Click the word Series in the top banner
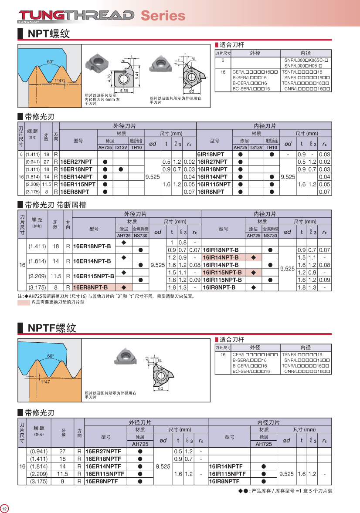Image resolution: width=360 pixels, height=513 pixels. click(x=163, y=16)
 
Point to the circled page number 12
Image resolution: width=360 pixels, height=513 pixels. click(x=4, y=508)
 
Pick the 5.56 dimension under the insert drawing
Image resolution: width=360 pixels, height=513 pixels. click(x=124, y=91)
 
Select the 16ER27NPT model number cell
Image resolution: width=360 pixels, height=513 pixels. click(x=76, y=162)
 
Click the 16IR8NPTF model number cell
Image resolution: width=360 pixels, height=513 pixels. click(x=224, y=481)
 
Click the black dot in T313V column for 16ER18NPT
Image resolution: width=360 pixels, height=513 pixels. click(x=121, y=169)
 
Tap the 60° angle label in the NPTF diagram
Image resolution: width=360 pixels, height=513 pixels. click(x=51, y=356)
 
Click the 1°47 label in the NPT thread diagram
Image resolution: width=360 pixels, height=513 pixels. click(x=59, y=81)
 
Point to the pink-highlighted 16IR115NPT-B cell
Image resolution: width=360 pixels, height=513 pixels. click(x=223, y=273)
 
